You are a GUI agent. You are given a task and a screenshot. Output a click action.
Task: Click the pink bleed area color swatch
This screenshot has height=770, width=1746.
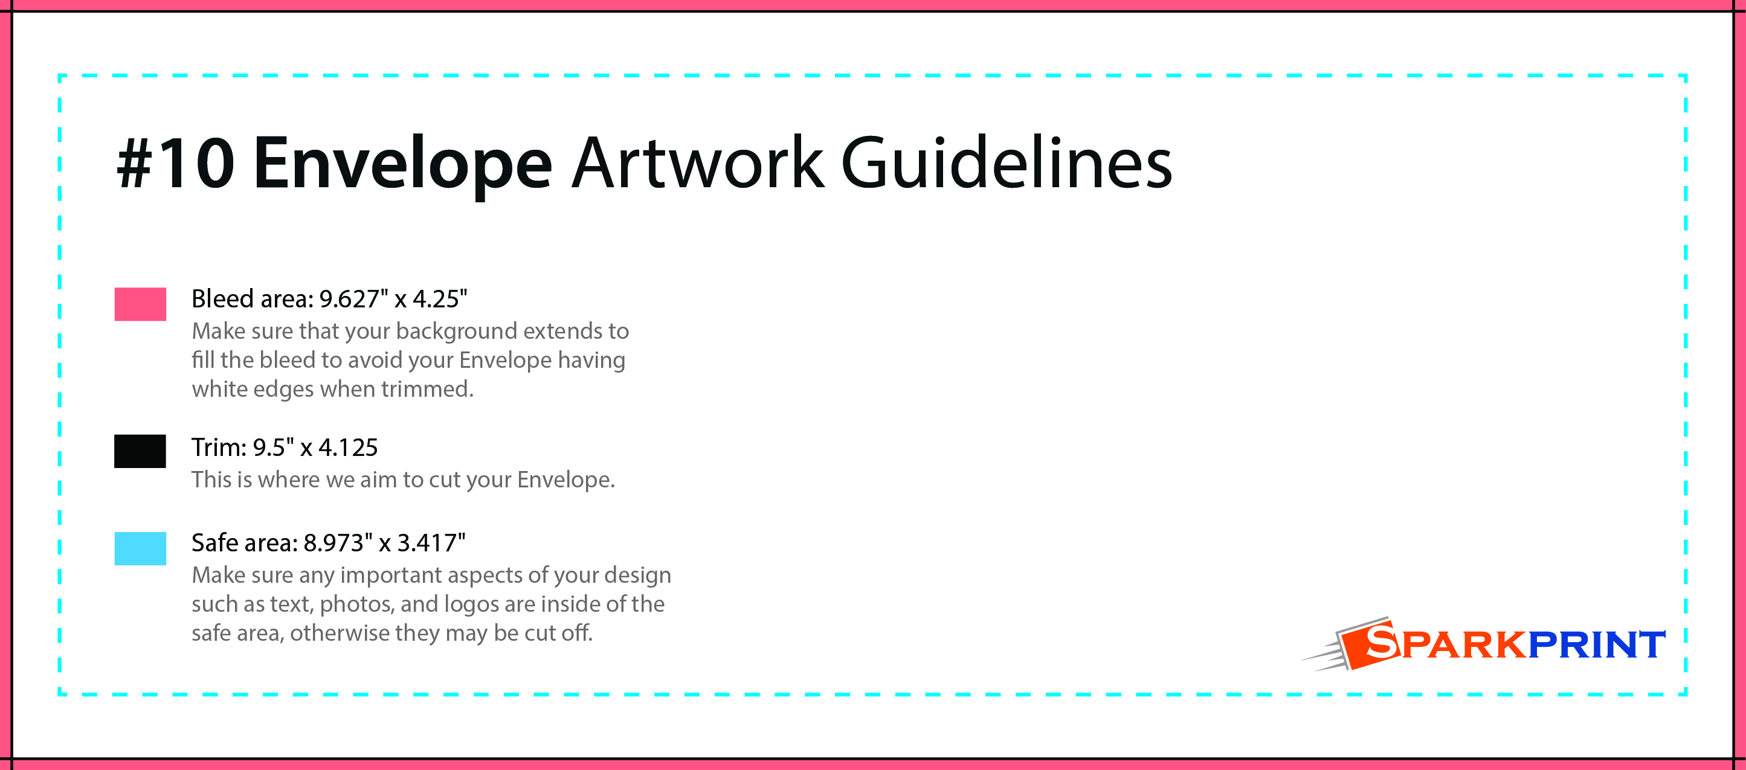(140, 304)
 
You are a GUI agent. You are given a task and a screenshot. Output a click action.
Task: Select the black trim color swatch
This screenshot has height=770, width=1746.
(140, 451)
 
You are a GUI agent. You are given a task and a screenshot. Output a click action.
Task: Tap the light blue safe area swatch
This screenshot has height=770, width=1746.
(140, 548)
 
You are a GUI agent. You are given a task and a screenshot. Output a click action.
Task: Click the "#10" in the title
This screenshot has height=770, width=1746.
(176, 162)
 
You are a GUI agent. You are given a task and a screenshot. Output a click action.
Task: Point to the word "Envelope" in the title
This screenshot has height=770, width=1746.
(402, 166)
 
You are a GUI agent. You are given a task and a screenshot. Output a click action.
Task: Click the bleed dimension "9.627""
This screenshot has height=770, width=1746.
(354, 299)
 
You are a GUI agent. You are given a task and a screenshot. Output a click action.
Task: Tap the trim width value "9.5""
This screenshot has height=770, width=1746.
(273, 448)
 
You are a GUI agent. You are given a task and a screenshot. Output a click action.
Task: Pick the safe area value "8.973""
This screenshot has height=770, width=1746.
(338, 543)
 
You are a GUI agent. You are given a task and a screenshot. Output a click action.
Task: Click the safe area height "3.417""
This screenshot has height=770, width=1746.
(431, 543)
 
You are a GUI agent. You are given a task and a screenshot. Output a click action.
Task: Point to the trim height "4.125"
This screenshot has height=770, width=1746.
(349, 448)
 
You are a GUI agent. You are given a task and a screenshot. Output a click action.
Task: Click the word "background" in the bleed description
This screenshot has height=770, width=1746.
(456, 331)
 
